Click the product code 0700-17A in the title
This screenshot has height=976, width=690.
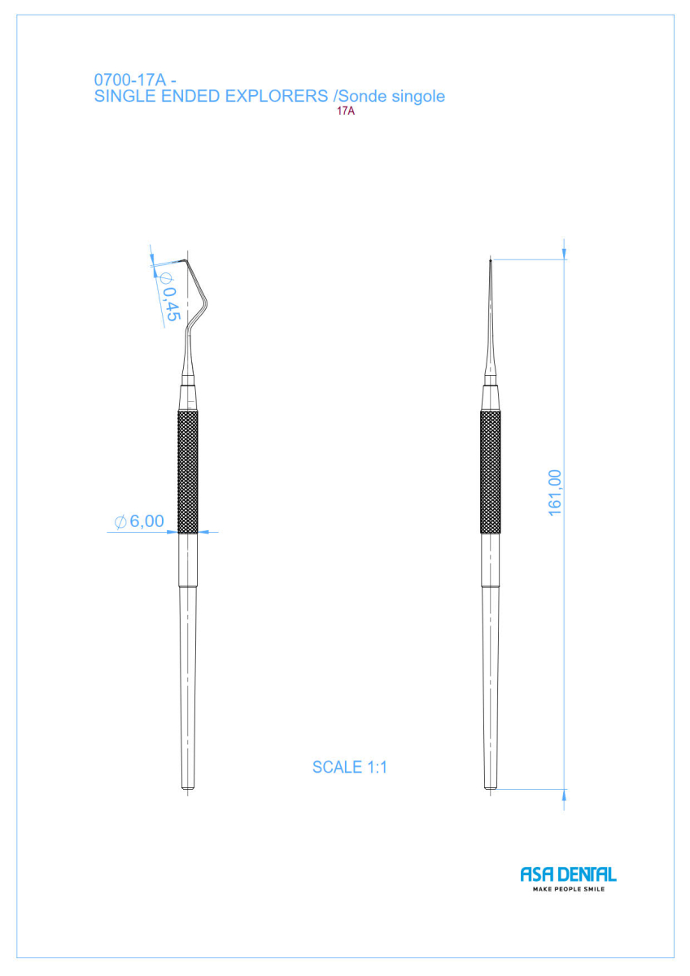coord(130,80)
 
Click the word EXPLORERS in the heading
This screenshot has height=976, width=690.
coord(277,96)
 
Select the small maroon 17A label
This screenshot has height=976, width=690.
coord(346,111)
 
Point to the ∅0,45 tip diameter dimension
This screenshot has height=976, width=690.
coord(169,296)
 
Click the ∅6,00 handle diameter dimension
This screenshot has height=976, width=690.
coord(139,521)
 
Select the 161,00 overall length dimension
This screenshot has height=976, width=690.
coord(554,493)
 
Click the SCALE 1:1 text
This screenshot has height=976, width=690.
coord(350,767)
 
